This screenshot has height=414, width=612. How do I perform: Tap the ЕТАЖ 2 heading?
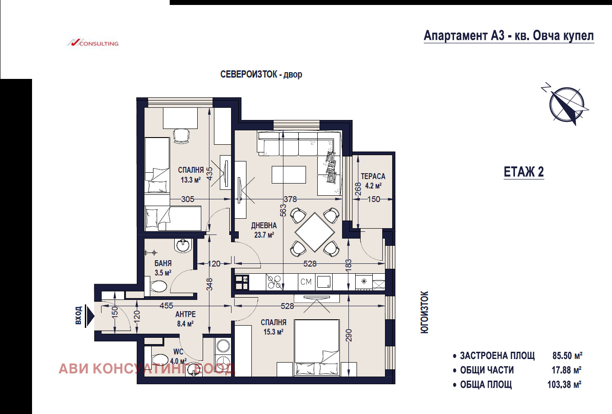(x=524, y=172)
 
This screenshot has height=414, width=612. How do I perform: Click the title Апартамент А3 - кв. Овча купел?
(x=509, y=36)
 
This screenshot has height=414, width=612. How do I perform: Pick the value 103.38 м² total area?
(x=564, y=385)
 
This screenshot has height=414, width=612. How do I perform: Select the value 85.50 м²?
(x=567, y=356)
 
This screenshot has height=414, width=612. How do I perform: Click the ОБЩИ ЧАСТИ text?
(x=487, y=370)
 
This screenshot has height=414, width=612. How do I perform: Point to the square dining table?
(x=315, y=232)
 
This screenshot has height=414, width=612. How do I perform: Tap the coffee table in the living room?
(x=288, y=174)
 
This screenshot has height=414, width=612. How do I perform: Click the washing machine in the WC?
(x=223, y=346)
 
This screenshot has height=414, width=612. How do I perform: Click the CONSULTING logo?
(x=93, y=43)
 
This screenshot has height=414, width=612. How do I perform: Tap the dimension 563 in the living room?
(x=283, y=210)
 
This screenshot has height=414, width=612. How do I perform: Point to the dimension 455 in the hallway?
(x=167, y=306)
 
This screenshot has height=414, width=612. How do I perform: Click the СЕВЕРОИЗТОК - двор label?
(x=261, y=74)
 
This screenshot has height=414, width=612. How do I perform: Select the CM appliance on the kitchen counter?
(x=306, y=282)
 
